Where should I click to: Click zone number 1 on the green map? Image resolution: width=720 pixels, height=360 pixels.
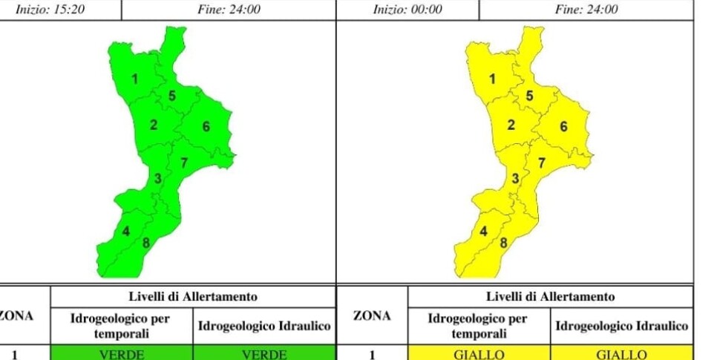pyautogui.click(x=135, y=79)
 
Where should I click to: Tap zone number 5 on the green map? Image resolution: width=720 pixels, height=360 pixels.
pyautogui.click(x=172, y=95)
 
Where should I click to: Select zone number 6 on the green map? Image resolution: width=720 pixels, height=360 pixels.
pyautogui.click(x=206, y=126)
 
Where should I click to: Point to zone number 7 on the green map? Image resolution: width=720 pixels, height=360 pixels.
pyautogui.click(x=183, y=163)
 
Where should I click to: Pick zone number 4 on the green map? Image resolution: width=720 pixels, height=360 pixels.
pyautogui.click(x=126, y=232)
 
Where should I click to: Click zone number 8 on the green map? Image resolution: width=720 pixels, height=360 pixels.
pyautogui.click(x=145, y=242)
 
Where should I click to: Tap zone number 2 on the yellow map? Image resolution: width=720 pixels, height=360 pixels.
pyautogui.click(x=511, y=125)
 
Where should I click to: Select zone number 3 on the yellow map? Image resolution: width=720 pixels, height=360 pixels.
pyautogui.click(x=515, y=178)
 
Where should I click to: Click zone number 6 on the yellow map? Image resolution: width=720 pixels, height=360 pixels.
pyautogui.click(x=563, y=126)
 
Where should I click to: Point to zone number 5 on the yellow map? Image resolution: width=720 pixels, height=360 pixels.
pyautogui.click(x=529, y=95)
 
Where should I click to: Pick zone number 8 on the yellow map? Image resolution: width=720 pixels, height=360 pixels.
pyautogui.click(x=503, y=242)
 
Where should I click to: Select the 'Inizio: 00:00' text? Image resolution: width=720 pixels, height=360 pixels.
pyautogui.click(x=408, y=10)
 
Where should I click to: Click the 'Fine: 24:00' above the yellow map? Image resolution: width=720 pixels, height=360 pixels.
pyautogui.click(x=586, y=10)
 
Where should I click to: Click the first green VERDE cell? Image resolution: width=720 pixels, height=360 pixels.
pyautogui.click(x=122, y=354)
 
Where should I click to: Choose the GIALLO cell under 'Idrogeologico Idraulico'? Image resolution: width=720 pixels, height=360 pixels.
pyautogui.click(x=622, y=354)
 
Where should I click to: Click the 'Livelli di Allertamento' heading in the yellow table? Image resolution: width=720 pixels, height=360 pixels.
pyautogui.click(x=550, y=297)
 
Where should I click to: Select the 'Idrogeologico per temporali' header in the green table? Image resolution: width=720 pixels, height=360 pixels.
pyautogui.click(x=121, y=326)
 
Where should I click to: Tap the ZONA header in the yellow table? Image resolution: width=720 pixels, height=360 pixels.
pyautogui.click(x=372, y=316)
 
